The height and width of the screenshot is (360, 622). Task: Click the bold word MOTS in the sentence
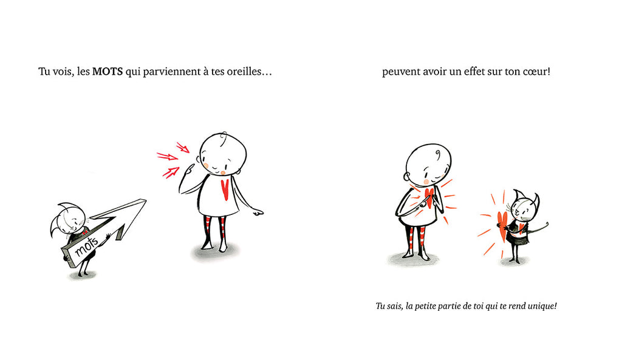pos(108,72)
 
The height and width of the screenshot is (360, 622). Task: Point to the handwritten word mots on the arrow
pos(86,246)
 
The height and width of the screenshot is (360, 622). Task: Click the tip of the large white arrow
pos(146,200)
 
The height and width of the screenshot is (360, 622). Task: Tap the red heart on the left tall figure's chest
pos(225,190)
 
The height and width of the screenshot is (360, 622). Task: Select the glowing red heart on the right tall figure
pos(429,199)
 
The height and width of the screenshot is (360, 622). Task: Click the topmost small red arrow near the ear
pos(183,147)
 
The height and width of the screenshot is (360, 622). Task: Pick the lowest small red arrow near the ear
pos(171,172)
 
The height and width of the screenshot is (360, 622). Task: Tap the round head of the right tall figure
pos(429,164)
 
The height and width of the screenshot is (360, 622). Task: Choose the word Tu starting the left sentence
pos(44,72)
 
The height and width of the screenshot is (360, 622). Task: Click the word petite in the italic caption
pos(425,307)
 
